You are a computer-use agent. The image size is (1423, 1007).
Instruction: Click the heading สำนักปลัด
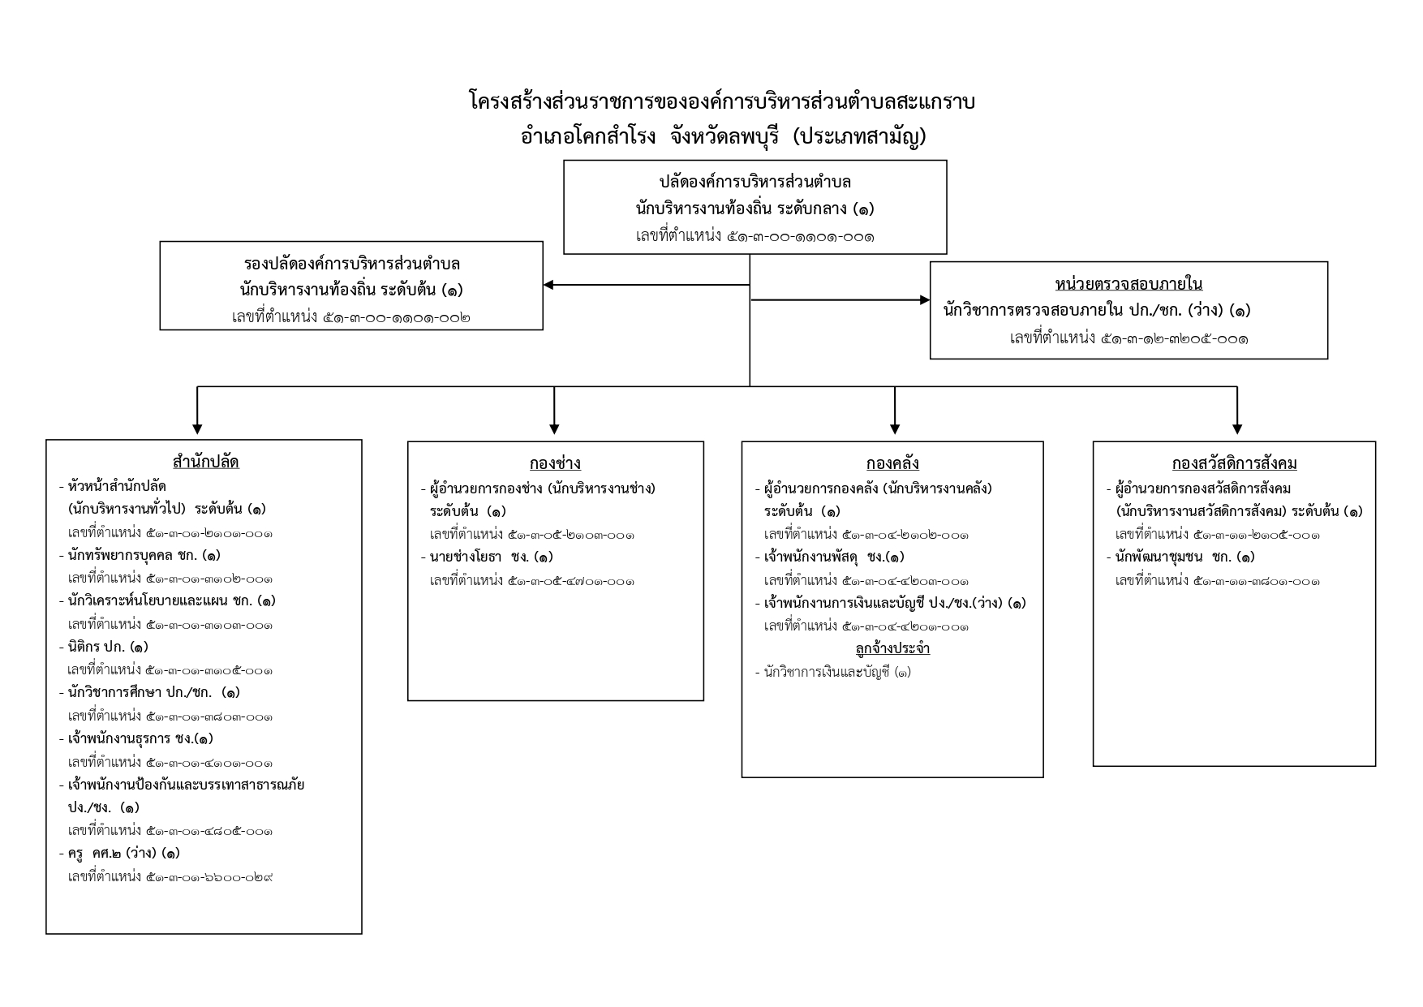tap(205, 462)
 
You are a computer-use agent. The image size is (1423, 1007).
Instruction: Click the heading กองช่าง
tap(555, 463)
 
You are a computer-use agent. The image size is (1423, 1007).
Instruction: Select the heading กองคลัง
tap(892, 463)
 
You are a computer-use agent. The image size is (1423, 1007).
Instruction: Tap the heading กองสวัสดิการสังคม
tap(1234, 463)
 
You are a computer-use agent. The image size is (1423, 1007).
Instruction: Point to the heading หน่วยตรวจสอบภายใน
tap(1129, 283)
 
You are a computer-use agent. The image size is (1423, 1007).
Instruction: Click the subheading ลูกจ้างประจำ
tap(892, 648)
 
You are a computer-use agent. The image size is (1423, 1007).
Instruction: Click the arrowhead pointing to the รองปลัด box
tap(548, 285)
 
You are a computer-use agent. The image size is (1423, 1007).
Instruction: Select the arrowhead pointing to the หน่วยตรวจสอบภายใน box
tap(925, 300)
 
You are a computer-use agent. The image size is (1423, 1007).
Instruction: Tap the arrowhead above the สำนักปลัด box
tap(197, 429)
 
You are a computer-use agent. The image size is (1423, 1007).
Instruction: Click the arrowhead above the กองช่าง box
tap(554, 429)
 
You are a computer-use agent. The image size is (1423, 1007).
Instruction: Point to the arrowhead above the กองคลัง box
tap(895, 429)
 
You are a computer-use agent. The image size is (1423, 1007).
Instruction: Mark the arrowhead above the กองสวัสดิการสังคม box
tap(1237, 429)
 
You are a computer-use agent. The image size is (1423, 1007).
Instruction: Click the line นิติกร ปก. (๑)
tap(104, 647)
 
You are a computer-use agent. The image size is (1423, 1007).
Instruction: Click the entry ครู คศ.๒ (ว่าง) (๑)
tap(119, 853)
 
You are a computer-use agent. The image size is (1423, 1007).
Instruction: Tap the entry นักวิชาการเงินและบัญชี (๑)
tap(832, 672)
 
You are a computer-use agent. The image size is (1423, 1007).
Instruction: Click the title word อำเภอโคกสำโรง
tap(588, 136)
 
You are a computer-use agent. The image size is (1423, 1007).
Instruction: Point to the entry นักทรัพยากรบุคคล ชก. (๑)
tap(140, 555)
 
